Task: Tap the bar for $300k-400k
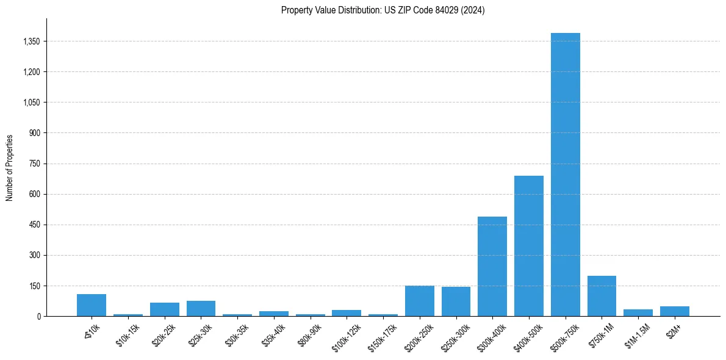tap(492, 267)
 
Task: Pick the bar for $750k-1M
tap(602, 296)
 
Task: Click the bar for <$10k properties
tap(92, 305)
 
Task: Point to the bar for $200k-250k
tap(419, 301)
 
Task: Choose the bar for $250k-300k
tap(456, 301)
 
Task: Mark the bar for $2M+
tap(674, 311)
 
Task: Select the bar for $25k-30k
tap(201, 309)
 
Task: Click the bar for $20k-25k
tap(164, 309)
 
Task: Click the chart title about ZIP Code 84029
tap(383, 10)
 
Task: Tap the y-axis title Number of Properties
tap(10, 167)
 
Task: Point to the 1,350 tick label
tap(31, 41)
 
